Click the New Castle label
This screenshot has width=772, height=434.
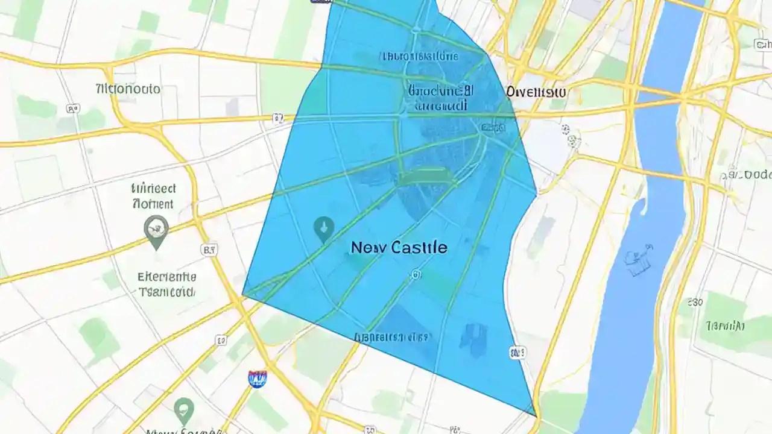click(399, 247)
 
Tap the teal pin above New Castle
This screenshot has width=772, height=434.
click(324, 229)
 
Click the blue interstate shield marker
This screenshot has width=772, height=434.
click(257, 379)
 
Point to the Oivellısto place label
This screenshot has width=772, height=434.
click(536, 92)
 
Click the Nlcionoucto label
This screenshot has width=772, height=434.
click(128, 89)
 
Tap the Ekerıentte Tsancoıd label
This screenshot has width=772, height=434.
click(166, 285)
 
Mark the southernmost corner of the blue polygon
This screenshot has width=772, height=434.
click(535, 415)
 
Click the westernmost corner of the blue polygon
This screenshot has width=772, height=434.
click(242, 295)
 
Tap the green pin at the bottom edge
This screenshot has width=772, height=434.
click(184, 411)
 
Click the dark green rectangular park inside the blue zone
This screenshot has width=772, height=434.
click(426, 178)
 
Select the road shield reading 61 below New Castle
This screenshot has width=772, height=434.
click(416, 275)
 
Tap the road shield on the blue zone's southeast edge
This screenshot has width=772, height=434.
click(517, 352)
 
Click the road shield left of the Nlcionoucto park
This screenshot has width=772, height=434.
click(73, 109)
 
